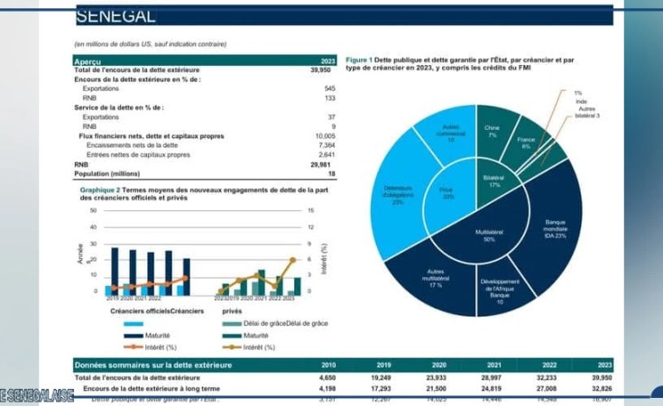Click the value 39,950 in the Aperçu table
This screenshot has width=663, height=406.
tap(320, 69)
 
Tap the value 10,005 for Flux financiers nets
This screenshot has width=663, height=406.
tap(326, 135)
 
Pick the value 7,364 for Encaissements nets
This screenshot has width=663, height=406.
tap(327, 145)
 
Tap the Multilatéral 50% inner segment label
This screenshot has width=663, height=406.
tap(488, 235)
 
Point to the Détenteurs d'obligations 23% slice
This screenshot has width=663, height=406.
tap(398, 195)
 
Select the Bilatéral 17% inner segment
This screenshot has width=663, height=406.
tap(493, 181)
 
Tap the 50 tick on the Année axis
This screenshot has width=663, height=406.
tap(93, 210)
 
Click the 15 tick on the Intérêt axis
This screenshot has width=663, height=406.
tap(310, 210)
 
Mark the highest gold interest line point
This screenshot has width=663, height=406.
tap(293, 259)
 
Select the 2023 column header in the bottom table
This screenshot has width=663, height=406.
tap(604, 364)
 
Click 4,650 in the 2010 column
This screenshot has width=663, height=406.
tap(327, 376)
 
